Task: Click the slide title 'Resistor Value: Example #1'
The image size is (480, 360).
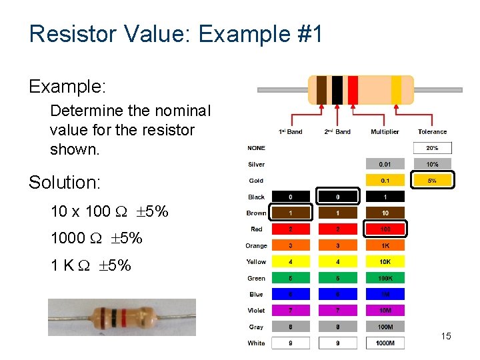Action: [x=176, y=33]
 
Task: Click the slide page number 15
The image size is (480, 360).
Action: [x=445, y=336]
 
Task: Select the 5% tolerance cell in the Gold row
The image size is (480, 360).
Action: [x=432, y=180]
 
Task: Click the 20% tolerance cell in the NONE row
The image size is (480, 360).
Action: [x=432, y=148]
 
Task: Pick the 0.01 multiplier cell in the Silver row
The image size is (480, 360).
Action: [x=385, y=164]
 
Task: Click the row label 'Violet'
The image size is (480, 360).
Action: [x=256, y=311]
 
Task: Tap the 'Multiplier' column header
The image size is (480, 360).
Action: [x=385, y=132]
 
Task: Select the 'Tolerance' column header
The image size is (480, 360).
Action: [x=432, y=132]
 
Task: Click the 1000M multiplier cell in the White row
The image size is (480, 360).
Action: [x=385, y=343]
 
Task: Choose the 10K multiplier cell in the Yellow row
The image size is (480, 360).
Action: [x=385, y=262]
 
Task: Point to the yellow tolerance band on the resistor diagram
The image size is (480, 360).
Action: [x=396, y=90]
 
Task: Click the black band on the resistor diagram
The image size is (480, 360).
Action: [x=337, y=90]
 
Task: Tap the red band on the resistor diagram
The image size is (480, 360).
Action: [x=353, y=90]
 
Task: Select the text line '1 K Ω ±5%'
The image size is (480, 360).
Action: [x=91, y=265]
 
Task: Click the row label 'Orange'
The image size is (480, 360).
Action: [x=256, y=246]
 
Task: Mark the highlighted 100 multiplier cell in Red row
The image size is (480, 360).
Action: [x=385, y=229]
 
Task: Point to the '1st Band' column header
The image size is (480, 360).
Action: [x=290, y=132]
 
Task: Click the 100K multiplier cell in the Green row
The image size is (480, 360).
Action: [x=385, y=278]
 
